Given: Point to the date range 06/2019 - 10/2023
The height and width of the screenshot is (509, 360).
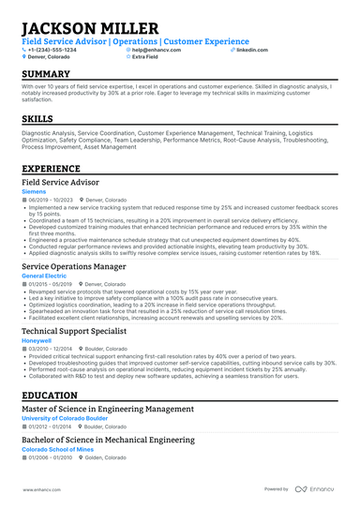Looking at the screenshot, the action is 50,200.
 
